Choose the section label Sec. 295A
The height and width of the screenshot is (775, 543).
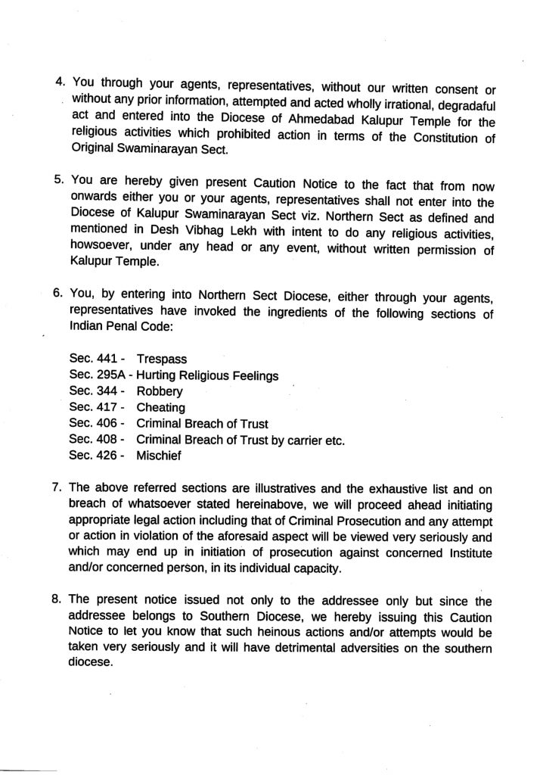click(x=96, y=376)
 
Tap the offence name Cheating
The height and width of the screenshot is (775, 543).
click(x=161, y=408)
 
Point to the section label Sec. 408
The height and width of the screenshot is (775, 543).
click(x=92, y=440)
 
